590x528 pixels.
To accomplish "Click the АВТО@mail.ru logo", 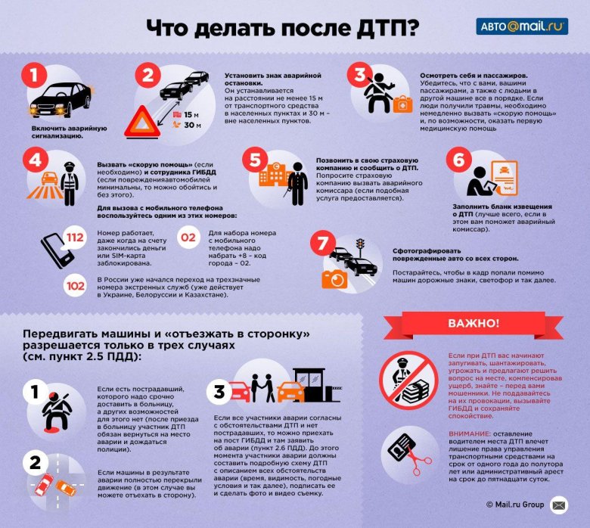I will pos(521,26).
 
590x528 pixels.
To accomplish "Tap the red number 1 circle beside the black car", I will pos(34,76).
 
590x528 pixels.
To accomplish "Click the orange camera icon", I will pos(334,279).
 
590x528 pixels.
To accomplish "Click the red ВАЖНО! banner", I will pos(474,323).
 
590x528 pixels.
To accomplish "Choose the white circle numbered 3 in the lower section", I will pos(219,392).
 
